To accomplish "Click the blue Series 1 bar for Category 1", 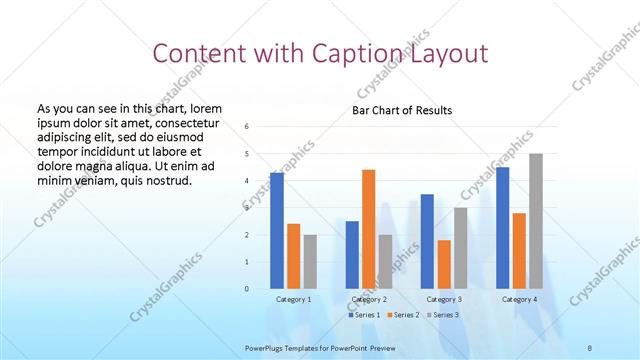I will point(277,231).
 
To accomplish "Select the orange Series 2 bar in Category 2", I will point(368,229).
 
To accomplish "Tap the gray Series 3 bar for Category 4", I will point(536,221).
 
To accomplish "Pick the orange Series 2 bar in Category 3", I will point(444,264).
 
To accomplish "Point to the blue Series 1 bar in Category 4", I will point(502,228).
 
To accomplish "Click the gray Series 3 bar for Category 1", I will point(310,262).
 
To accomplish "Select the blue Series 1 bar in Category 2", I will point(352,255).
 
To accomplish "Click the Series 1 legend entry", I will point(365,315).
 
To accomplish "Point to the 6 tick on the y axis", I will point(246,127).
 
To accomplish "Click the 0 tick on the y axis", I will point(246,289).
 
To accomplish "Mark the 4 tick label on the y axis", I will point(246,181).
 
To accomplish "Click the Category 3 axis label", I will point(443,300).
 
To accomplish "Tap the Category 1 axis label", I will point(293,300).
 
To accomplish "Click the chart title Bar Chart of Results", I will point(402,110).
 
